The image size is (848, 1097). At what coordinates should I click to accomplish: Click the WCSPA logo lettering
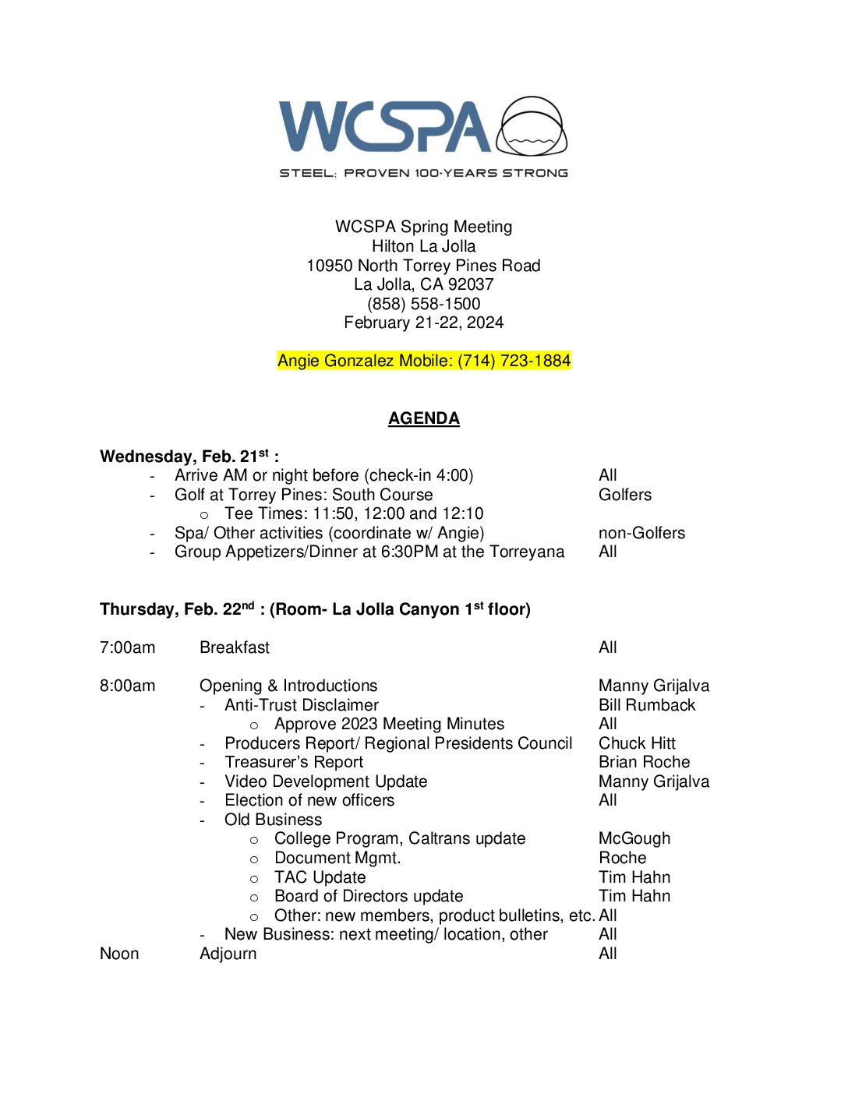[384, 126]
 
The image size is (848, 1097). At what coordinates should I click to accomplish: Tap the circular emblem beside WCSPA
[532, 127]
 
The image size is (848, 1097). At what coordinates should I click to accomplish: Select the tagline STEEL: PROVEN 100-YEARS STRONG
[423, 173]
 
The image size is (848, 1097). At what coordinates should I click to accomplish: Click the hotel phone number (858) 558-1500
[423, 304]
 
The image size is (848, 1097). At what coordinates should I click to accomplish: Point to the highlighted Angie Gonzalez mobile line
[423, 361]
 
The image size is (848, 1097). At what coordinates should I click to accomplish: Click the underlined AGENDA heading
[423, 418]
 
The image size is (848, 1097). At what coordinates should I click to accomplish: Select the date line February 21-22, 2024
[423, 323]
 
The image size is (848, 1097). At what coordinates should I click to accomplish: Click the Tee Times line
[353, 513]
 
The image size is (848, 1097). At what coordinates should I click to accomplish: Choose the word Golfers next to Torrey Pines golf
[624, 495]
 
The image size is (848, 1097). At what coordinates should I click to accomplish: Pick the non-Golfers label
[641, 533]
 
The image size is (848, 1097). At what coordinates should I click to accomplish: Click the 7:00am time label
[127, 647]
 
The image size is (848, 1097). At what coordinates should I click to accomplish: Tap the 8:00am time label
[127, 686]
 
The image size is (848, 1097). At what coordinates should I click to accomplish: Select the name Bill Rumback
[646, 705]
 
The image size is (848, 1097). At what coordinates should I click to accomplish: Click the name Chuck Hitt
[636, 743]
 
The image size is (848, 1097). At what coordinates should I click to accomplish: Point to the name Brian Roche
[644, 762]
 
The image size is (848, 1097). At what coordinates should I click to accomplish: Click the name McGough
[634, 838]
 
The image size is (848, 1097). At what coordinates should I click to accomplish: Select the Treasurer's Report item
[294, 762]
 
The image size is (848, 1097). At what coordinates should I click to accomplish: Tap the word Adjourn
[228, 954]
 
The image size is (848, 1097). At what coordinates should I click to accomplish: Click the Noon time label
[119, 954]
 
